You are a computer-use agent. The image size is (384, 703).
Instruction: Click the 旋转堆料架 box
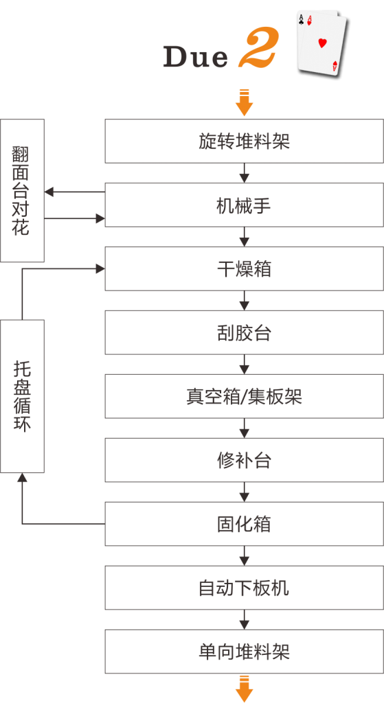tap(245, 141)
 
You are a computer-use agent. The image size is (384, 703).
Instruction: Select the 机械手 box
tap(245, 205)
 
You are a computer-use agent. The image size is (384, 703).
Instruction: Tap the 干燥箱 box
tap(245, 268)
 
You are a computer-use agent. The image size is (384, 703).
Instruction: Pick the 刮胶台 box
tap(245, 333)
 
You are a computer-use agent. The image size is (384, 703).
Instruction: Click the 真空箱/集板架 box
tap(245, 396)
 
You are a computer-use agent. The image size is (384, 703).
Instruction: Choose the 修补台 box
tap(245, 460)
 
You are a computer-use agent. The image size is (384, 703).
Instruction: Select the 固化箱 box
tap(245, 524)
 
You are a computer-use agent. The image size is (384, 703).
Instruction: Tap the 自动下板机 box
tap(245, 588)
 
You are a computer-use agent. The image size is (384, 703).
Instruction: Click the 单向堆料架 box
tap(245, 651)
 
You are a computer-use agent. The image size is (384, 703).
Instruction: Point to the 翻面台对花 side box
tap(22, 191)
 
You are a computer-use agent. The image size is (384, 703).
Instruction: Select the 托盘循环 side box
tap(22, 396)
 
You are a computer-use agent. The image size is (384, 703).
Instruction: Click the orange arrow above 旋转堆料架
tap(244, 103)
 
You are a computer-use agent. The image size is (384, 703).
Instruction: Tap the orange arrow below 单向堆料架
tap(244, 689)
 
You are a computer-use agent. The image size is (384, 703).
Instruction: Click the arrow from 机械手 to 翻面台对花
tap(75, 192)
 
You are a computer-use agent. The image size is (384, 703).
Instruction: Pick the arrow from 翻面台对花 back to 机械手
tap(75, 219)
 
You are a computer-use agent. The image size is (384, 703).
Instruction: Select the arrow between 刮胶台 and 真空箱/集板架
tap(244, 365)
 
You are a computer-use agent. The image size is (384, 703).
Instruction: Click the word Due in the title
tap(195, 57)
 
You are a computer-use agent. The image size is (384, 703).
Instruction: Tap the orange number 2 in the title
tap(258, 47)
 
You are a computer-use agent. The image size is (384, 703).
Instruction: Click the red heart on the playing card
tap(322, 43)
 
